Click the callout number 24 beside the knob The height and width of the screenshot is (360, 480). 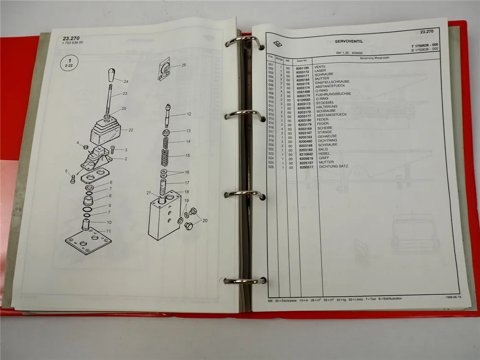click(x=126, y=81)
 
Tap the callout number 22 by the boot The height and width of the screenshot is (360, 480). click(x=130, y=130)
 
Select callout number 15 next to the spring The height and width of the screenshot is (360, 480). click(x=188, y=156)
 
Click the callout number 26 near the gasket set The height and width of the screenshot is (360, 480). click(x=183, y=65)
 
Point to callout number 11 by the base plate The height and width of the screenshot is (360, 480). click(x=108, y=231)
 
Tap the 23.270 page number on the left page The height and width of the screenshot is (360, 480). click(x=72, y=38)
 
